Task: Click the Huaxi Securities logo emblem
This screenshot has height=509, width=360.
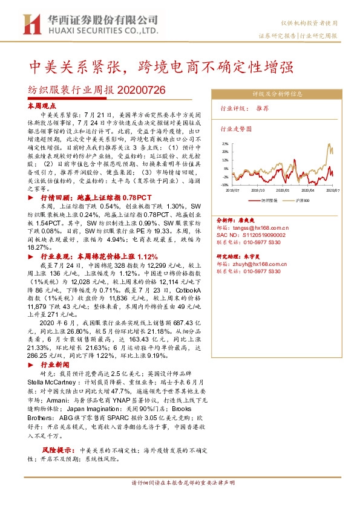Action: coord(31,24)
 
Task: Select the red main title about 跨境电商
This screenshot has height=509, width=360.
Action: coord(163,65)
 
